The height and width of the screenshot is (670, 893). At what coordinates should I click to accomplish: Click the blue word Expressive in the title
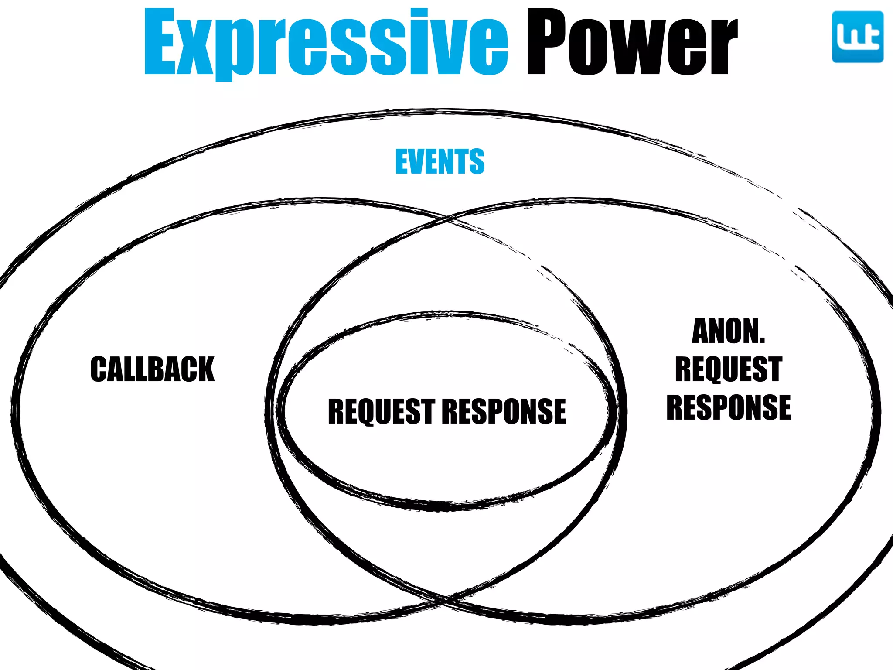pos(326,43)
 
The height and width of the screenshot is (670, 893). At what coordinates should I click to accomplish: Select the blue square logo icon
pos(857,37)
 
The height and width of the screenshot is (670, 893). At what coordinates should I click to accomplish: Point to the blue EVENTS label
pos(440,161)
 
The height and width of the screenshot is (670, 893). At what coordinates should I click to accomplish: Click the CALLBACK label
pos(153,369)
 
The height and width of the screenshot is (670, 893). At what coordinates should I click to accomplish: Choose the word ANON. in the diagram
pos(729,331)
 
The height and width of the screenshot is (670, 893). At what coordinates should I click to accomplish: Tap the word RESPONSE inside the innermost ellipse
pos(504,411)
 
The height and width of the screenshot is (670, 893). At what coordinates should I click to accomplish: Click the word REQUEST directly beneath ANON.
pos(729,369)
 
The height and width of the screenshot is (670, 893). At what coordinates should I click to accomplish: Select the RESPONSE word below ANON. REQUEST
pos(729,407)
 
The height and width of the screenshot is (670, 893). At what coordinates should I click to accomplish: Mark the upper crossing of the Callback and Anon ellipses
pos(447,218)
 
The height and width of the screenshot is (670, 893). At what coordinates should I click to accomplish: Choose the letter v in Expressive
pos(440,48)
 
